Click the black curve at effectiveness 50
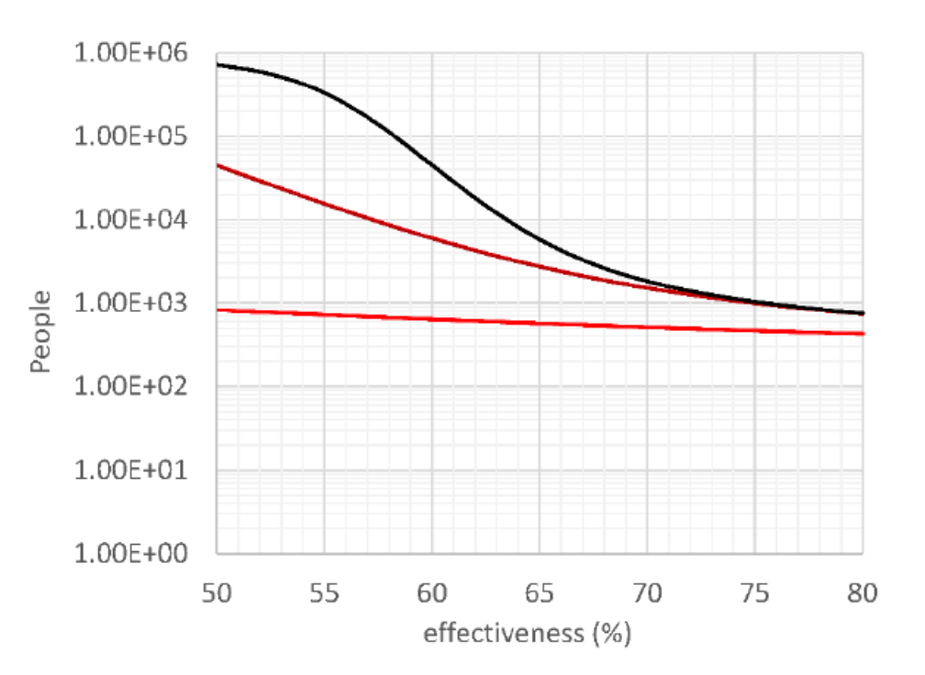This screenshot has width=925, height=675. pyautogui.click(x=218, y=65)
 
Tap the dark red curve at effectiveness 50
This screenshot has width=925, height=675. pyautogui.click(x=218, y=165)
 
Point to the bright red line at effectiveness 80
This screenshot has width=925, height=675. pyautogui.click(x=862, y=333)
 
